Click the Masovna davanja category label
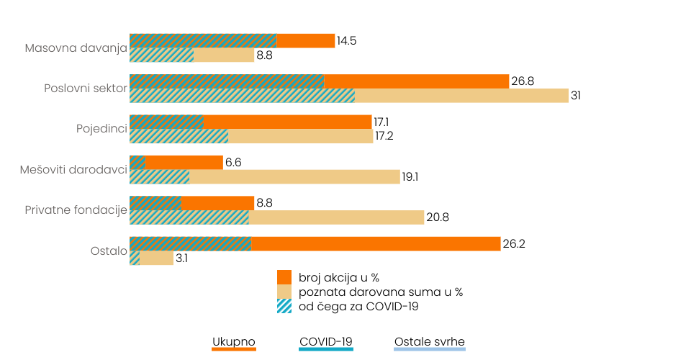[76, 48]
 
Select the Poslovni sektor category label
[85, 89]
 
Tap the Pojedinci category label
[101, 129]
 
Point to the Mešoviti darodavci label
[73, 169]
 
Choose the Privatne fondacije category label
[76, 210]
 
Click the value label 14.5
[347, 41]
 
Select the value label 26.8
[523, 81]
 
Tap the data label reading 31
[576, 96]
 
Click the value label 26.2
[514, 244]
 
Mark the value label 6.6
[233, 163]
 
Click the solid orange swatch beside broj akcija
[284, 277]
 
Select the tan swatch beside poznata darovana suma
[284, 292]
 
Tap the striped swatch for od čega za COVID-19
[284, 306]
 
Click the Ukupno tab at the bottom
[234, 342]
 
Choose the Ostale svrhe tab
[430, 342]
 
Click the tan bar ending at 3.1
[156, 258]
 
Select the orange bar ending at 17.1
[288, 122]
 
